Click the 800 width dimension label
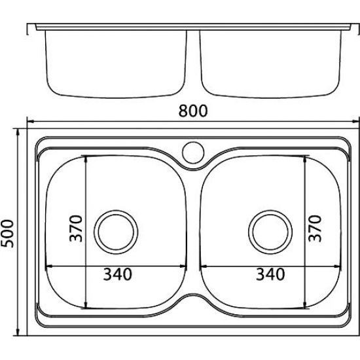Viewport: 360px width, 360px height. (x=193, y=111)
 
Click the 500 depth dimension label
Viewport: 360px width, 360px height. (x=7, y=234)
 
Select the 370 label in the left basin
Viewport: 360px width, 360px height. (x=76, y=228)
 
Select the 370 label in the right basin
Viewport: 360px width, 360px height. (x=315, y=228)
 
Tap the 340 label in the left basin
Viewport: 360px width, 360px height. (x=118, y=274)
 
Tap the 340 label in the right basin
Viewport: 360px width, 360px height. (x=270, y=274)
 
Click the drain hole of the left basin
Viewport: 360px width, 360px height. (x=116, y=232)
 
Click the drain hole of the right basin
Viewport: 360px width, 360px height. (x=270, y=232)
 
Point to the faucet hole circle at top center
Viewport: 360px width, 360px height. (x=193, y=153)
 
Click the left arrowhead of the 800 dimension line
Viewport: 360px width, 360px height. (x=31, y=122)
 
